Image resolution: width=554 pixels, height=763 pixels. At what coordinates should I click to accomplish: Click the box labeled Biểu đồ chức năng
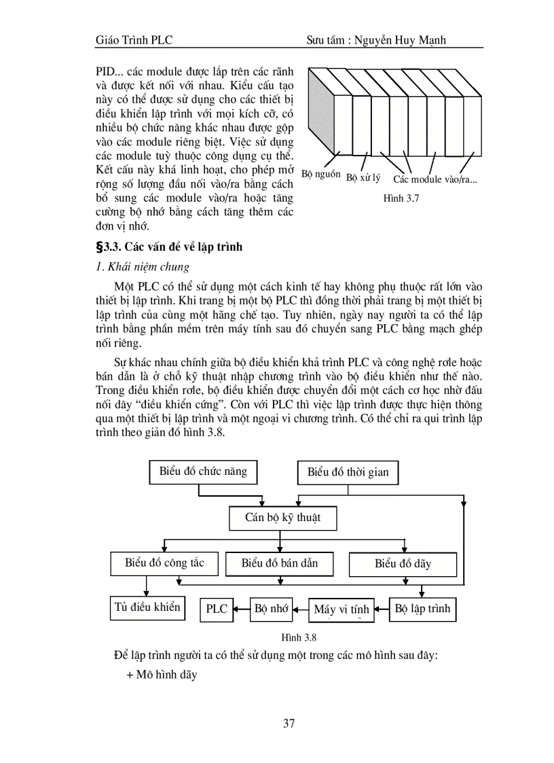point(203,472)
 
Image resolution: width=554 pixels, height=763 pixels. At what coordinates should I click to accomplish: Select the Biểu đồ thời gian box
point(348,472)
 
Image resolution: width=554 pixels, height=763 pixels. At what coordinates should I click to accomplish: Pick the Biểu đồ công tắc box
point(164,563)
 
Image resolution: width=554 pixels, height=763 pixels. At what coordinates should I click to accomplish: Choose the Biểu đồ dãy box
point(403,564)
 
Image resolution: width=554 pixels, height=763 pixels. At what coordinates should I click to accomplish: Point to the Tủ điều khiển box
point(147,607)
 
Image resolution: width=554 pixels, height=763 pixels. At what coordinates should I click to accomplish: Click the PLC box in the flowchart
point(217,609)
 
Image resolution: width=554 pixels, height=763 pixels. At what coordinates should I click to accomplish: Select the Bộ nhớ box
point(272,609)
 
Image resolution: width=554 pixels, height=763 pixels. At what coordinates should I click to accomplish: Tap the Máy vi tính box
point(341,609)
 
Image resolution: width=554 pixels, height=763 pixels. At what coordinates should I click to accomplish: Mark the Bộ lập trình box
point(422,609)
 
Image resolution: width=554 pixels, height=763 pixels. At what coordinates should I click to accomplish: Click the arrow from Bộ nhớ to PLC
point(242,609)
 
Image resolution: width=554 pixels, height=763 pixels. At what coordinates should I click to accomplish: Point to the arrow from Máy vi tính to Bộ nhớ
point(301,609)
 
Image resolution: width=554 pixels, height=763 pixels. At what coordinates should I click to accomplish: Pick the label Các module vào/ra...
point(435,179)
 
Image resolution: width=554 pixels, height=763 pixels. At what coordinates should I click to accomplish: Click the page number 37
point(289,723)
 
